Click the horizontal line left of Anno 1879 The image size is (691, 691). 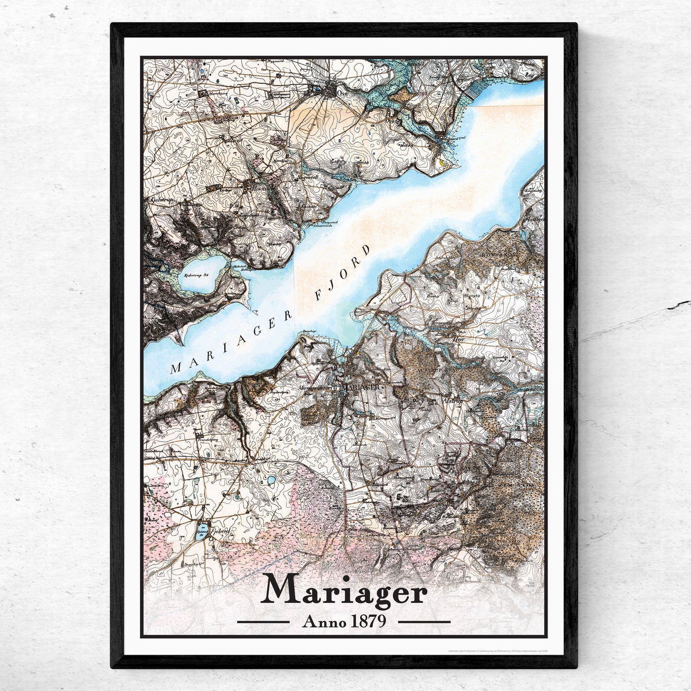pyautogui.click(x=263, y=622)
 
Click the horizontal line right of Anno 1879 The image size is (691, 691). pyautogui.click(x=424, y=622)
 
